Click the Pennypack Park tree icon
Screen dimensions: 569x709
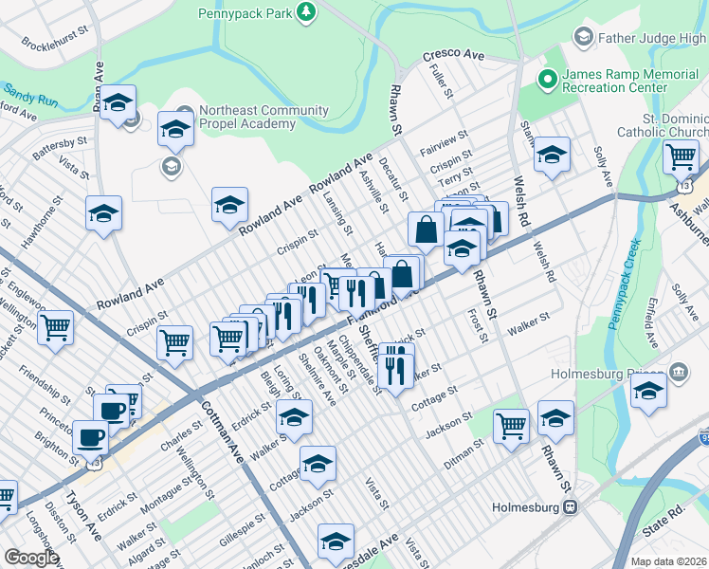click(x=305, y=11)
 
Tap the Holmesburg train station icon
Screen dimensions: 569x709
click(x=571, y=506)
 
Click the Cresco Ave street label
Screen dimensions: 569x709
click(x=453, y=56)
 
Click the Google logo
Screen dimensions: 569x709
click(x=31, y=558)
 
